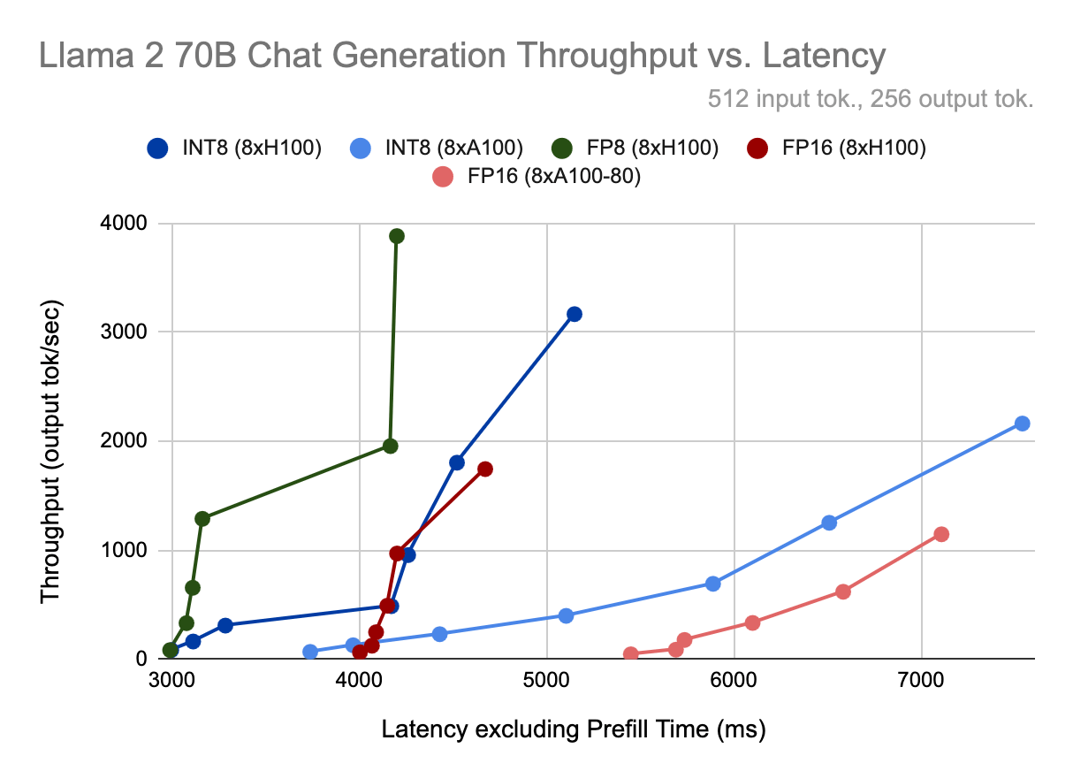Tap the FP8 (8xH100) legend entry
(x=650, y=149)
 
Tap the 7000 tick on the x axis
(x=922, y=680)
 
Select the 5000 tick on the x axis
(x=547, y=680)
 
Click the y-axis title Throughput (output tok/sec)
(x=51, y=441)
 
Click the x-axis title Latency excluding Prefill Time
(x=573, y=729)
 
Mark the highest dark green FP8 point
(x=397, y=236)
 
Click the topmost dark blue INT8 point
(x=575, y=314)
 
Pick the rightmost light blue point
(x=1023, y=424)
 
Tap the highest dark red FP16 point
(x=484, y=469)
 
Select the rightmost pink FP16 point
(x=941, y=534)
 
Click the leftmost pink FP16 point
(x=631, y=654)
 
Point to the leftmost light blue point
(x=310, y=652)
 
